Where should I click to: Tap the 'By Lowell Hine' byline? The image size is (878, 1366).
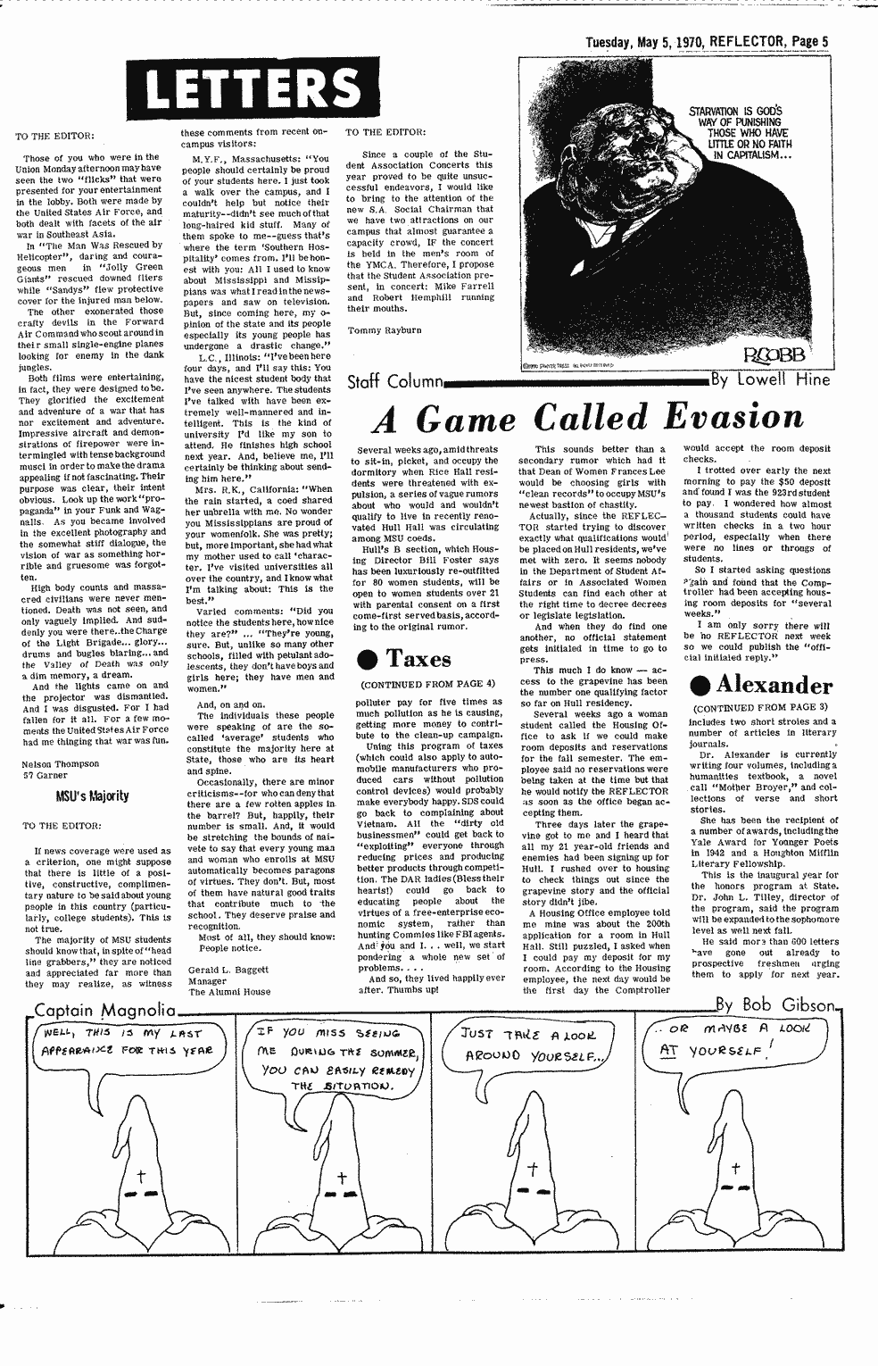tap(770, 380)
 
